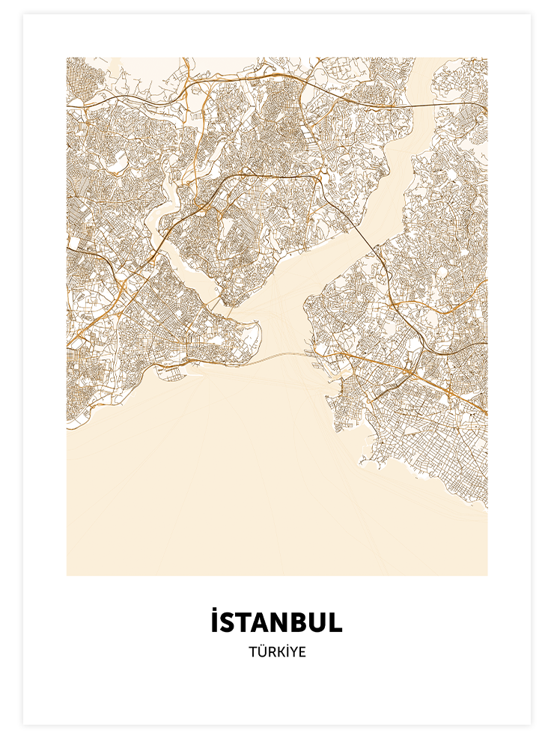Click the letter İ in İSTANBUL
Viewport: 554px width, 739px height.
pos(215,623)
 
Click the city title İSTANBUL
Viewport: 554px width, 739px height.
pos(276,623)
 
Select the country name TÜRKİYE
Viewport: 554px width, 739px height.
pos(277,652)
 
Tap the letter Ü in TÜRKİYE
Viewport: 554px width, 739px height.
pos(261,652)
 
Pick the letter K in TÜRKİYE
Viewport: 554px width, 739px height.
pos(278,652)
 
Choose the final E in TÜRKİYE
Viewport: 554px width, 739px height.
pos(302,652)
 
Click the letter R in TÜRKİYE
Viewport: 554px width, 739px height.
pos(270,652)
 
